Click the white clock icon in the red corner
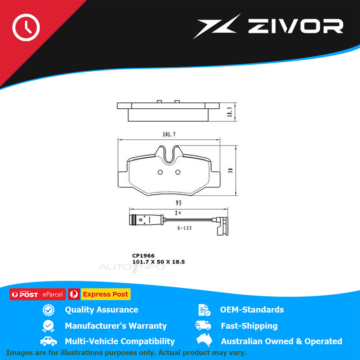pyautogui.click(x=26, y=27)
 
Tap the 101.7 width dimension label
pyautogui.click(x=169, y=135)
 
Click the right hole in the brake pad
pyautogui.click(x=177, y=172)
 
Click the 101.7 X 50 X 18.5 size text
pyautogui.click(x=158, y=262)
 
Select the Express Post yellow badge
pyautogui.click(x=105, y=294)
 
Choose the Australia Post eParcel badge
pyautogui.click(x=37, y=294)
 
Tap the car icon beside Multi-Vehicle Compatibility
pyautogui.click(x=48, y=341)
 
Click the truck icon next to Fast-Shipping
pyautogui.click(x=203, y=325)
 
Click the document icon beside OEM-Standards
pyautogui.click(x=204, y=310)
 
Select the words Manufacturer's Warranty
pyautogui.click(x=116, y=326)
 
